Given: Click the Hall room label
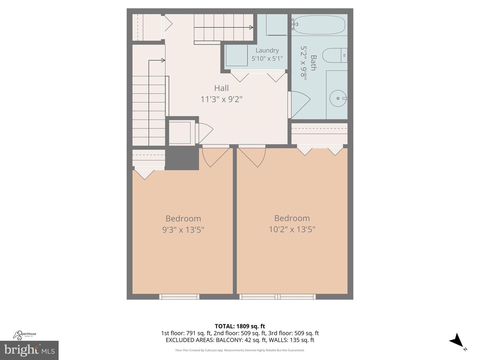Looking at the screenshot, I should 221,88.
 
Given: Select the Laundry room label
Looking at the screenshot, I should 267,50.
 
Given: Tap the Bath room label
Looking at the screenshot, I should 313,63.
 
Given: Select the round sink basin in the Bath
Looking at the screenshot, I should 338,98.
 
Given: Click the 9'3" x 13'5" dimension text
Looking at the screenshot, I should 183,230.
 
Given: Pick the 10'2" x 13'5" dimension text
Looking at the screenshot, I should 292,229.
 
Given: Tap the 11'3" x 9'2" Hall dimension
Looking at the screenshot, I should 221,99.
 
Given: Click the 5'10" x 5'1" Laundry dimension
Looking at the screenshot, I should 267,58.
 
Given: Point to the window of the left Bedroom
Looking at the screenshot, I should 179,297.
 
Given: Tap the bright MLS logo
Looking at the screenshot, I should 29,350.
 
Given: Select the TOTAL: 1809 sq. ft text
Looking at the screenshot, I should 240,326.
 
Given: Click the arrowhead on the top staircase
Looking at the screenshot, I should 251,28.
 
